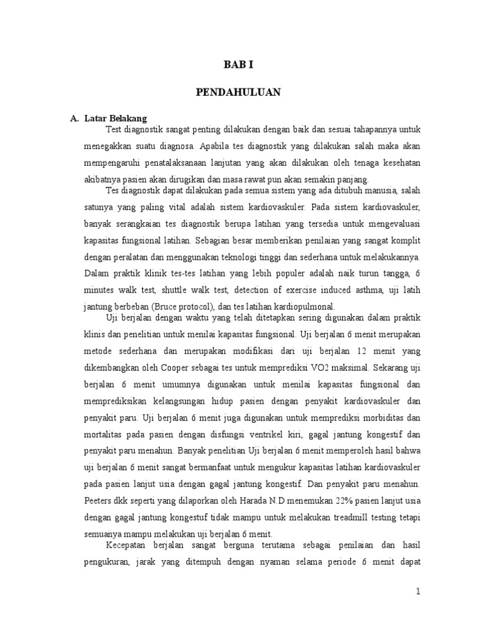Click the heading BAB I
(238, 63)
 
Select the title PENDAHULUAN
(238, 93)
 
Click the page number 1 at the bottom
(419, 592)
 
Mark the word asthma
(332, 290)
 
